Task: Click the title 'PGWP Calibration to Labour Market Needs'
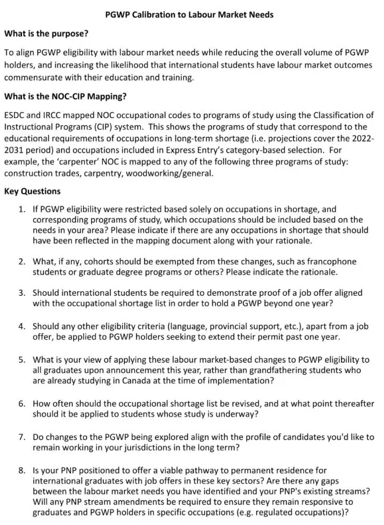pos(189,14)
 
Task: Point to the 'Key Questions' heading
pos(33,191)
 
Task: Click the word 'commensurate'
pos(33,76)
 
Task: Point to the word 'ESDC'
pos(16,115)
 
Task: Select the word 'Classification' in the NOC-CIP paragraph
pos(338,115)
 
